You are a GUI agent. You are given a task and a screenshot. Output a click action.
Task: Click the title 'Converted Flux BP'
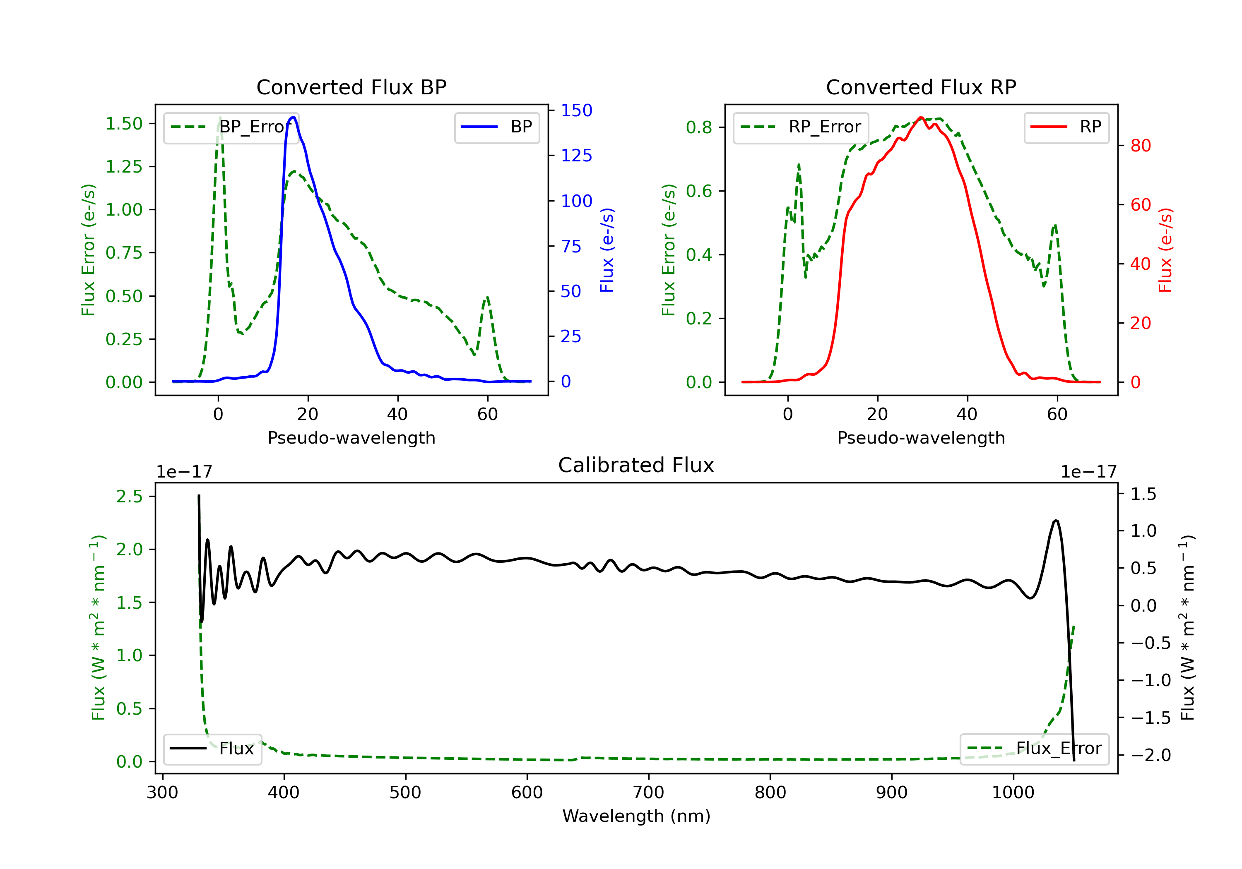(351, 87)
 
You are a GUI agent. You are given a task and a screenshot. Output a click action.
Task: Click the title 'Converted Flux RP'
(921, 87)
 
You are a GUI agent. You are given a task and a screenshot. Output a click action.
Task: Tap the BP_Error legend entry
(231, 127)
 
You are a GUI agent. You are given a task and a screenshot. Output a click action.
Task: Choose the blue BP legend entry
(496, 127)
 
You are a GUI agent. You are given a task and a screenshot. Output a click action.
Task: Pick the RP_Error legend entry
(801, 127)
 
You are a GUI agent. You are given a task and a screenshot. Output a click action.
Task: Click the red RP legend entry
(1066, 127)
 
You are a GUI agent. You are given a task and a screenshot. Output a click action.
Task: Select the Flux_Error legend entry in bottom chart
(1034, 749)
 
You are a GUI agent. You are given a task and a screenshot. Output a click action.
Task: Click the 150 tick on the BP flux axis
(576, 110)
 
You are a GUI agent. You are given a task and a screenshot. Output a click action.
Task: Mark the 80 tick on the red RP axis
(1140, 146)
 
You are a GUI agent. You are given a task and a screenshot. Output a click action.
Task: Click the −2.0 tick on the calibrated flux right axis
(1150, 755)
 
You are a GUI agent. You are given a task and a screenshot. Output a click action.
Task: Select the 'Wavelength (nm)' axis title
(636, 816)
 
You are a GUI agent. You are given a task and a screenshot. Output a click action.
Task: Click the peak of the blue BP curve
(293, 118)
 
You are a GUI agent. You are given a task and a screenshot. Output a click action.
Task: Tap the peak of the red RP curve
(921, 118)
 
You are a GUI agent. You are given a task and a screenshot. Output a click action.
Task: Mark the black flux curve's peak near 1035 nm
(1056, 521)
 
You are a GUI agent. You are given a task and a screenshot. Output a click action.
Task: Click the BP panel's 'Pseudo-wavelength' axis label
(351, 437)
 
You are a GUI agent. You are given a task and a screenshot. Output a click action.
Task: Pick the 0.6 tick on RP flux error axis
(699, 191)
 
